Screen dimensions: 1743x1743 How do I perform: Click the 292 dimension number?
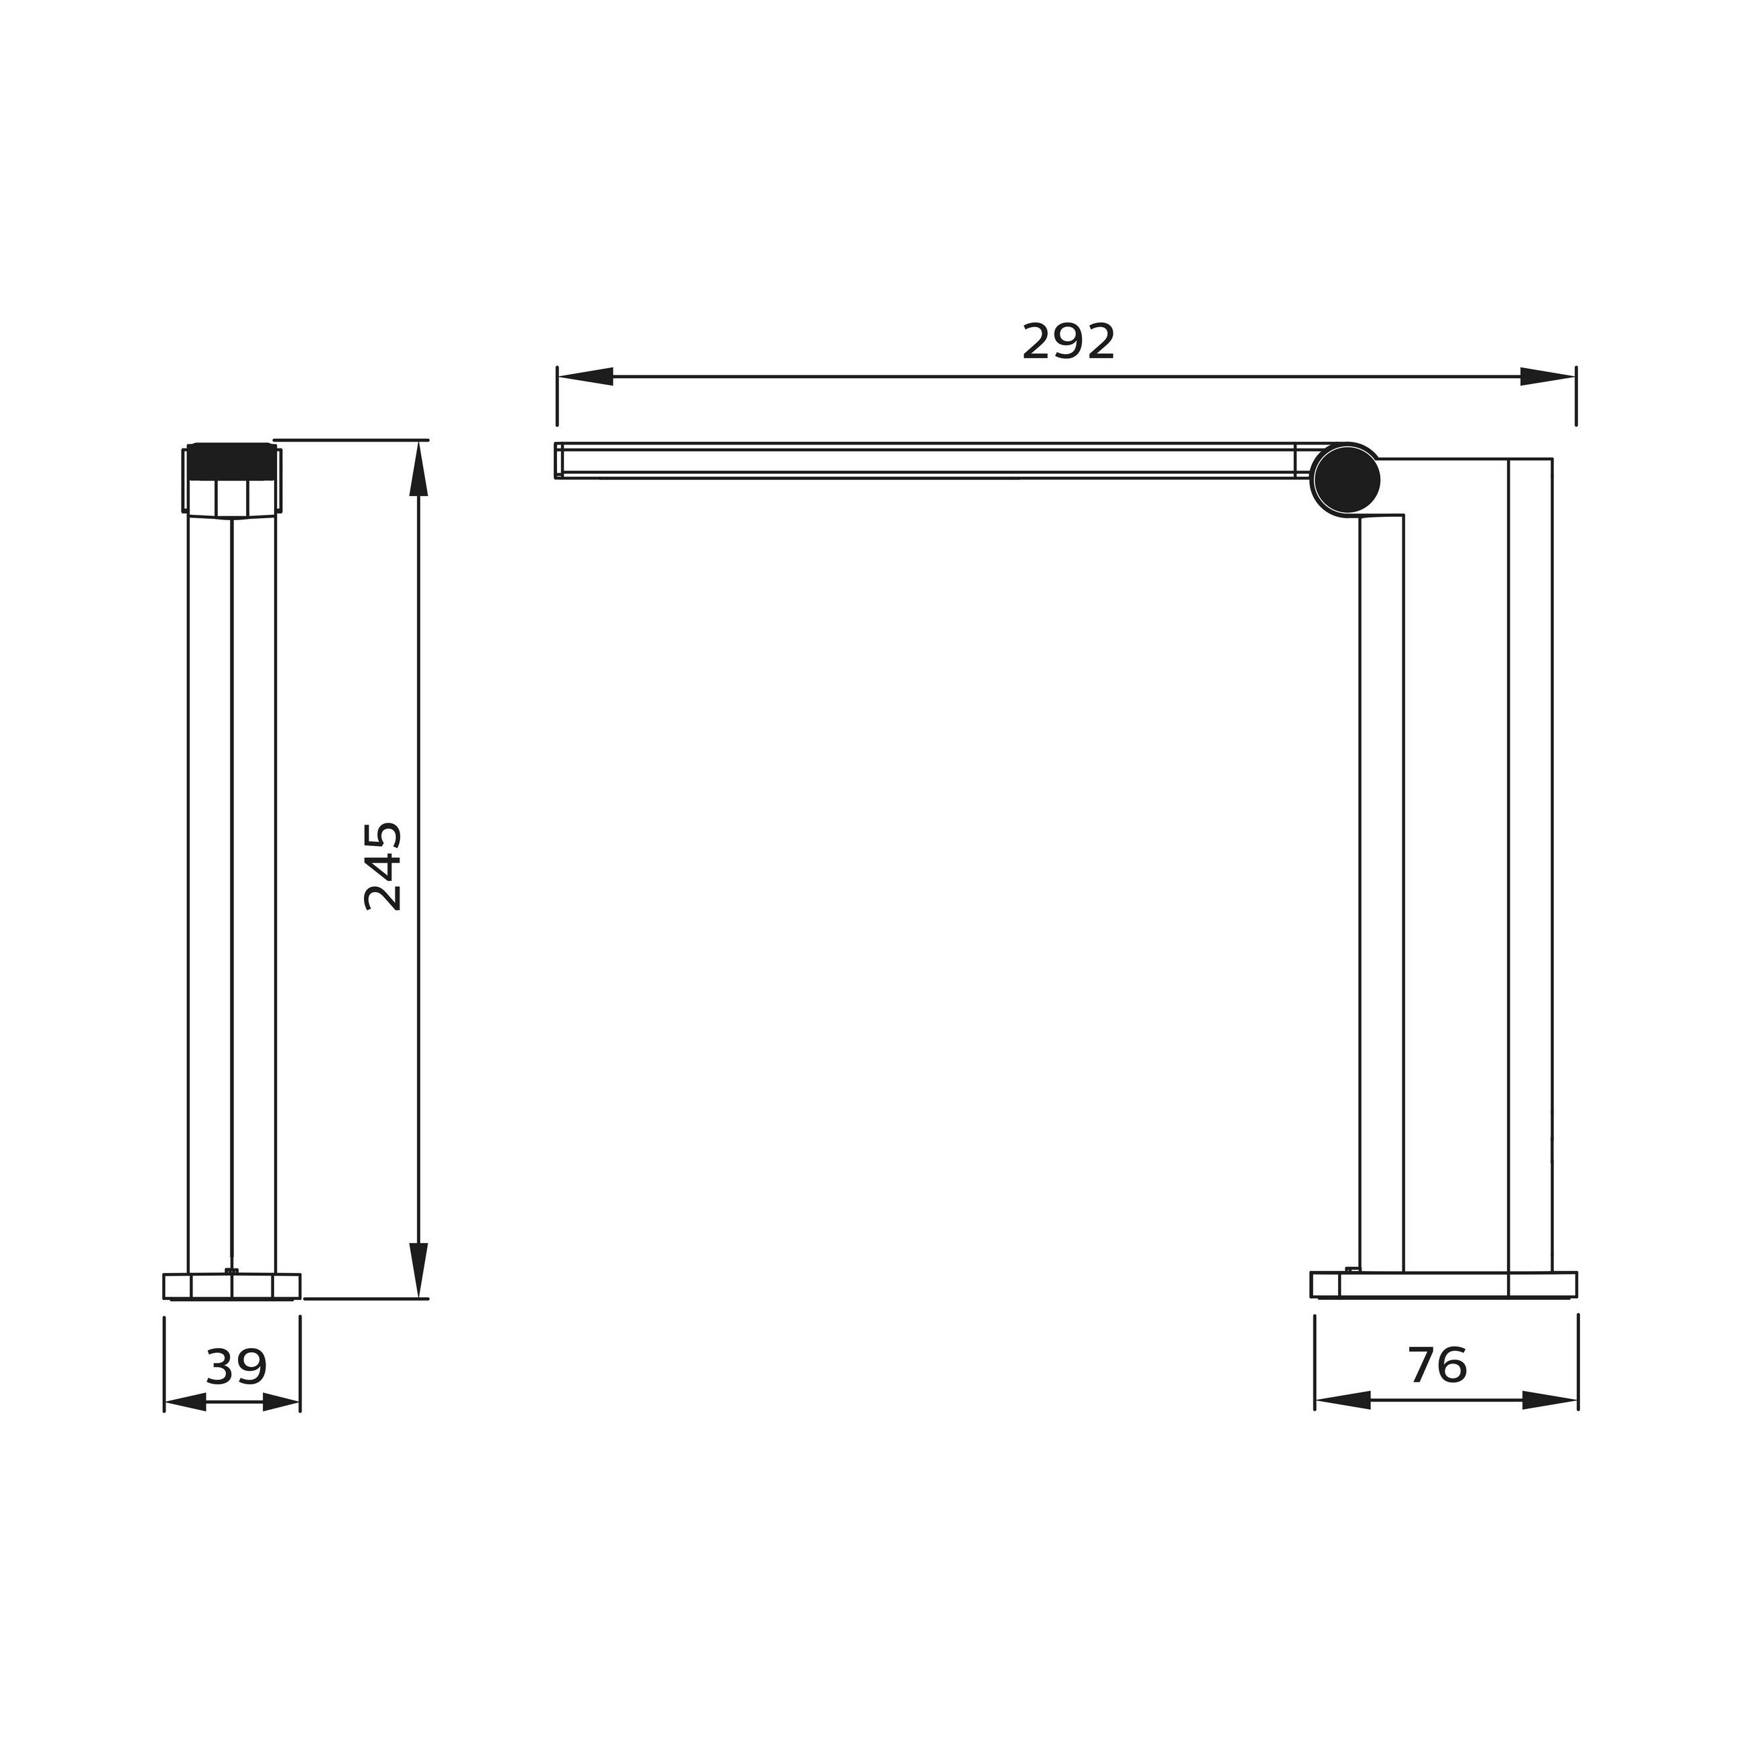click(1068, 341)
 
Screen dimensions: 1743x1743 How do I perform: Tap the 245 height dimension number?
click(383, 866)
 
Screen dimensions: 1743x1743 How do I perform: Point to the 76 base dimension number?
click(1438, 1365)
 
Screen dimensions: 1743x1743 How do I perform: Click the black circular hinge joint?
click(1344, 480)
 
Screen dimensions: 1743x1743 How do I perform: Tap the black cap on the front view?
click(231, 461)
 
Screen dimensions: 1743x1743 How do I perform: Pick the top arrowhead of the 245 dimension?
click(418, 469)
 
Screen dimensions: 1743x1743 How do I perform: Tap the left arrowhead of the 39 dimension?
click(185, 1402)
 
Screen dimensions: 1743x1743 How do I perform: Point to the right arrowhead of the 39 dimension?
click(280, 1402)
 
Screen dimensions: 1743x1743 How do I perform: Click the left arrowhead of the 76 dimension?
click(1342, 1400)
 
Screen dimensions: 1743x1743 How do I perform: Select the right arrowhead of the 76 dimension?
click(1550, 1400)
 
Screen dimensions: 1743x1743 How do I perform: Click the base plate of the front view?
click(231, 1286)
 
